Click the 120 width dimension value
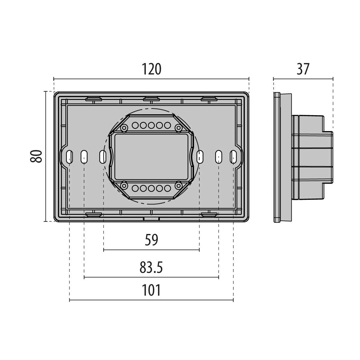(x=151, y=69)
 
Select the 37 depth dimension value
(x=303, y=69)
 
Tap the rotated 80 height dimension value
(x=36, y=156)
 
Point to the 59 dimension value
(x=151, y=240)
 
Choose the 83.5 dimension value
(x=151, y=268)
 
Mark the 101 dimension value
(x=151, y=290)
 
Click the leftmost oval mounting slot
(x=69, y=156)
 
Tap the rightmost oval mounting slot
(x=233, y=156)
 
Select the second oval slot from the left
(x=84, y=156)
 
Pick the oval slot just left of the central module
(x=103, y=156)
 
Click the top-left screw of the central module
(x=124, y=128)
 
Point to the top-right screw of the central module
(x=179, y=128)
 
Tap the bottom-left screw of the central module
(x=124, y=186)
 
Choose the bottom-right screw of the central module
(x=179, y=186)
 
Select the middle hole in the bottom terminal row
(x=151, y=188)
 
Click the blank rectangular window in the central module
(x=151, y=157)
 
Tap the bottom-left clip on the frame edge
(x=94, y=214)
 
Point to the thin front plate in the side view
(x=277, y=157)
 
